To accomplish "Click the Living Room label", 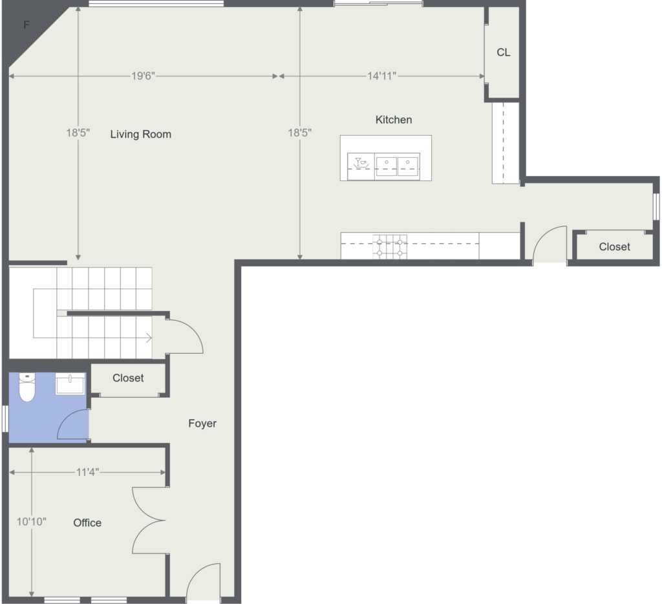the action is coord(140,135).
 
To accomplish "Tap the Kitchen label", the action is coord(394,120).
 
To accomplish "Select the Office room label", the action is coord(87,523).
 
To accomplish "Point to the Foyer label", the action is coord(202,424).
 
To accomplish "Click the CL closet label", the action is coord(503,52).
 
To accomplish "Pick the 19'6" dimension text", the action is coord(143,76).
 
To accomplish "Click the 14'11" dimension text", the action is coord(381,76).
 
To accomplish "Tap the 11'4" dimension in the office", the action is coord(87,472).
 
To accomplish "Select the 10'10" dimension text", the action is coord(31,522).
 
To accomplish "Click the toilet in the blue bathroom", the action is coord(27,387).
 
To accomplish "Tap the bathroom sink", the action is coord(70,383).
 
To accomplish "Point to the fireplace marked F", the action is coord(26,25).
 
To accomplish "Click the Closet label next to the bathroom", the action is coord(128,378).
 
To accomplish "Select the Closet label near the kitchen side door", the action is coord(614,247).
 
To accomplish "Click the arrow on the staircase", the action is coord(149,338).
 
